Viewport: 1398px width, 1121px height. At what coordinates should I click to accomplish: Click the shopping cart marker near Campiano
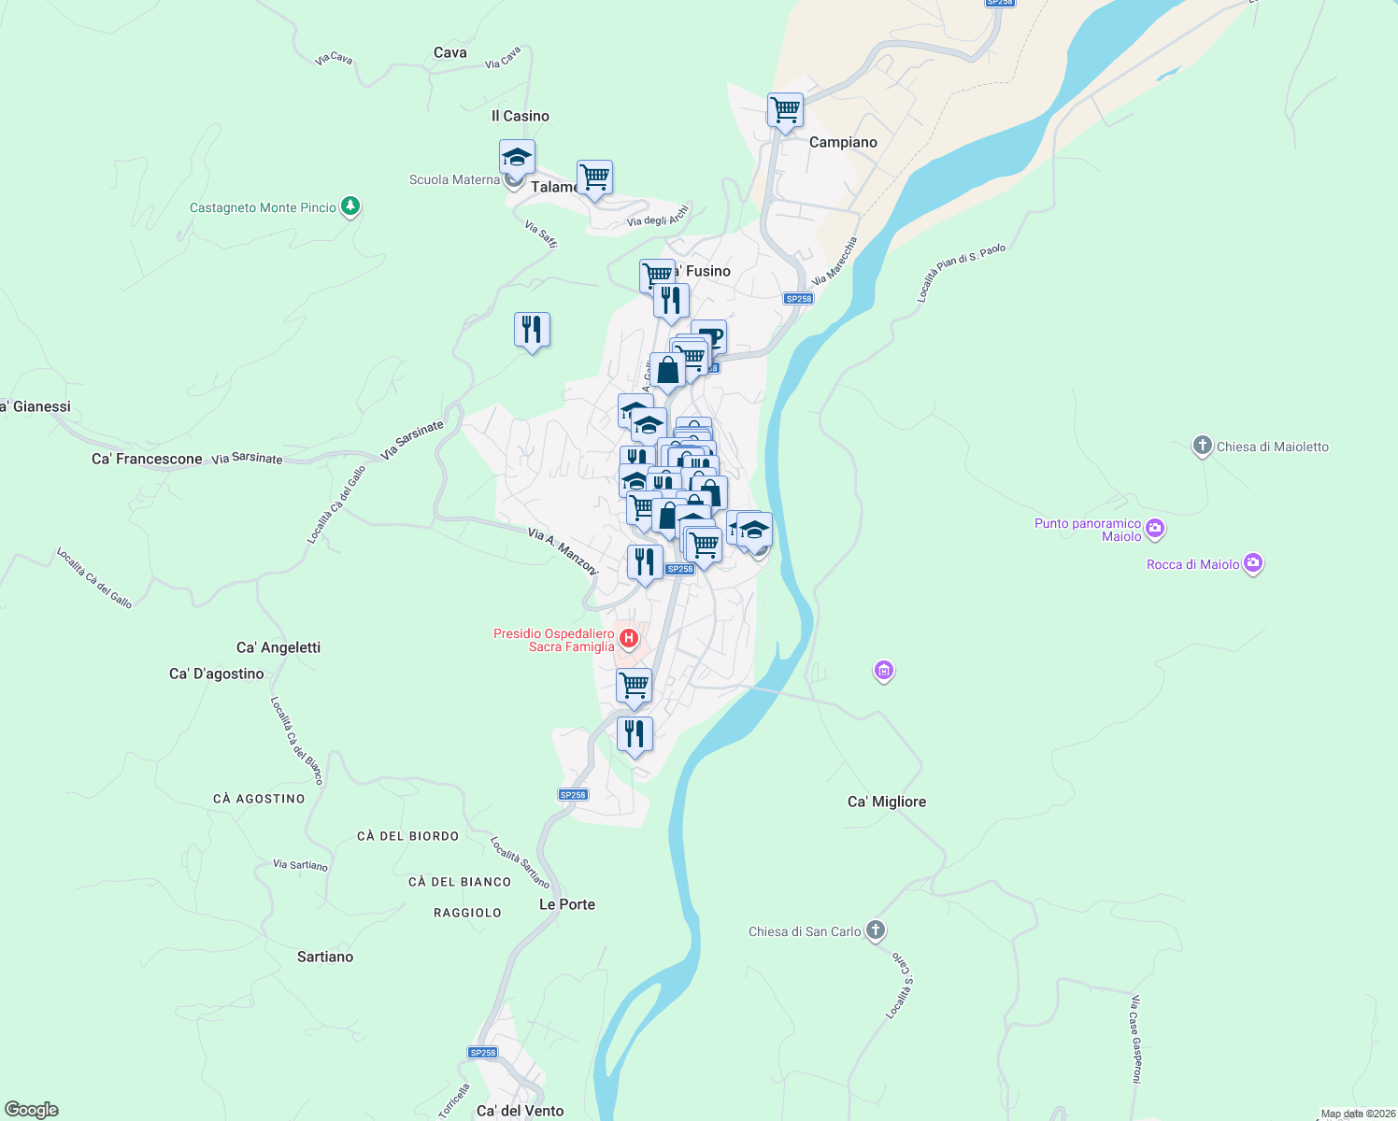[x=785, y=110]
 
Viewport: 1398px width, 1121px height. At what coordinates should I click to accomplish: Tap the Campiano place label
[x=843, y=142]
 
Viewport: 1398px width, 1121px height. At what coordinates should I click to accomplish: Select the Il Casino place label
[x=521, y=116]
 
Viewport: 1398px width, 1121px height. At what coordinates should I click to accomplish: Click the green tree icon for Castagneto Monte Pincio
[x=350, y=206]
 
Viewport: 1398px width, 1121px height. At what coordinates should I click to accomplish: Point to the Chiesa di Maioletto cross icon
[x=1203, y=446]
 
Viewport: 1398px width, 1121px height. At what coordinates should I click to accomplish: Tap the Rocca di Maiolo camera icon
[x=1253, y=563]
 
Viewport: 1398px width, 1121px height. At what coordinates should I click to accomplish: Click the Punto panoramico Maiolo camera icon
[x=1155, y=529]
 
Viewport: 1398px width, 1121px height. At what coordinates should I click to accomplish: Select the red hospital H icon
[x=629, y=639]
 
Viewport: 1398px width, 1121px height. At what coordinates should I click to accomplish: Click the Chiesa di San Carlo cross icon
[x=875, y=930]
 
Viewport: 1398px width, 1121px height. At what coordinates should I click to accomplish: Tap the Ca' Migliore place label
[x=887, y=802]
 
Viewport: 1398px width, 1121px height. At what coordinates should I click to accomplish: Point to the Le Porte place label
[x=567, y=904]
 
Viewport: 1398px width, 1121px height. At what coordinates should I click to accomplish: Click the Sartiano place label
[x=325, y=957]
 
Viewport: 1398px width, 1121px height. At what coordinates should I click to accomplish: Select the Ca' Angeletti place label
[x=278, y=647]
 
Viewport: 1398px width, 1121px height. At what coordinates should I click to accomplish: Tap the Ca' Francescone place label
[x=147, y=459]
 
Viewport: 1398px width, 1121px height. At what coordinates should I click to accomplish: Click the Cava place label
[x=450, y=52]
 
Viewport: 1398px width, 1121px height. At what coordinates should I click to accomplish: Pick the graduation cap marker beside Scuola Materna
[x=517, y=157]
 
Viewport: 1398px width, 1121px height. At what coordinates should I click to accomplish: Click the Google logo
[x=32, y=1110]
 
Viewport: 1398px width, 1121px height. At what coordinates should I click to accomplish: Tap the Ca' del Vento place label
[x=521, y=1111]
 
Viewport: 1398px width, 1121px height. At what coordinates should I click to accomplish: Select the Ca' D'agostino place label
[x=217, y=674]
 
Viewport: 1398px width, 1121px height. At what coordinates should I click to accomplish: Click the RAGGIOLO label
[x=467, y=913]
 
